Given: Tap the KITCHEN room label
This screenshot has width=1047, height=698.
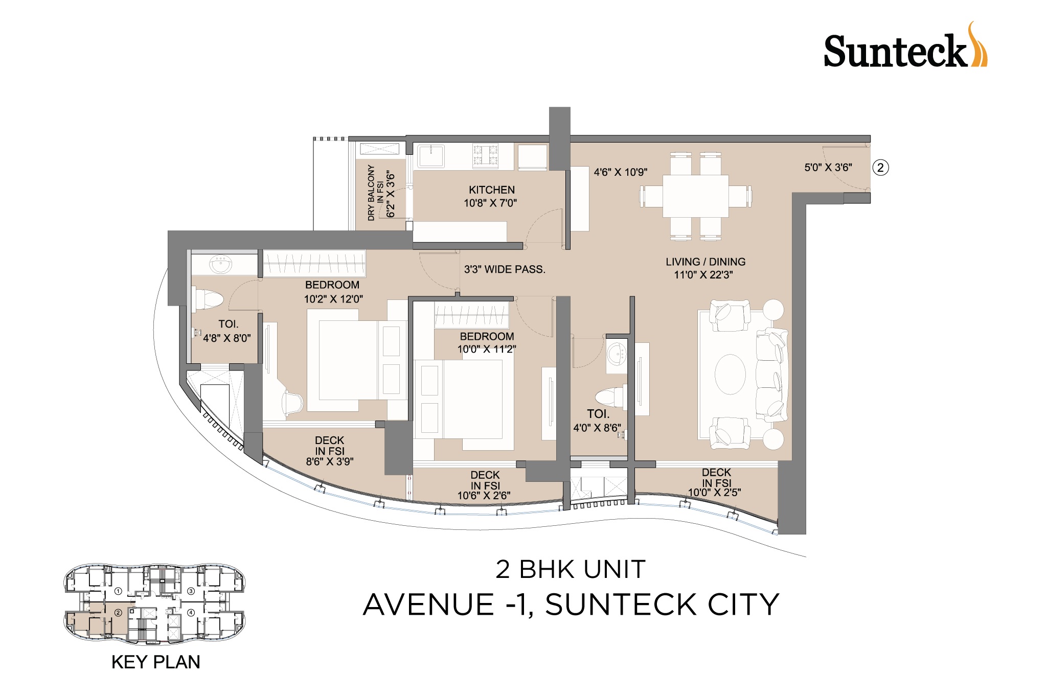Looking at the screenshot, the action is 492,190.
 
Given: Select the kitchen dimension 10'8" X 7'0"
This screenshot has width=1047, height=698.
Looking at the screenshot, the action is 490,203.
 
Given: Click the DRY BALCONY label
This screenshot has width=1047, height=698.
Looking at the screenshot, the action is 372,193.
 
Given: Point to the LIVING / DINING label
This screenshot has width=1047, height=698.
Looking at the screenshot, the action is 705,262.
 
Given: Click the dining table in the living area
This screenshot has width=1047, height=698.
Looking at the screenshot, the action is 696,196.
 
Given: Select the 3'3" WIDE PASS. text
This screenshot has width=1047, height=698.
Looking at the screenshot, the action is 505,269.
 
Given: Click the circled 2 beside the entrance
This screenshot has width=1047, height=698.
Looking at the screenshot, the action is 880,168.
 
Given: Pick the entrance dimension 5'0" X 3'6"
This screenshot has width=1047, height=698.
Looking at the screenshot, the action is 828,167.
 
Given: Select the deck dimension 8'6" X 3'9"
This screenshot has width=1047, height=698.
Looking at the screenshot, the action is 330,461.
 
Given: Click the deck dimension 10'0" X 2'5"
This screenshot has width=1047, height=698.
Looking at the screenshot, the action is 715,493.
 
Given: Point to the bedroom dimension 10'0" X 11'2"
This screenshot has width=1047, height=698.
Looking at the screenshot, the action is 487,349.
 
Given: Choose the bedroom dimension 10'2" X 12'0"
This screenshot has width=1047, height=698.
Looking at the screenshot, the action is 333,299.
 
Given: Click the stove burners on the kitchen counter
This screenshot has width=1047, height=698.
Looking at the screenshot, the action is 486,156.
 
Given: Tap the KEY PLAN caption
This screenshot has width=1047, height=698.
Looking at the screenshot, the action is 156,662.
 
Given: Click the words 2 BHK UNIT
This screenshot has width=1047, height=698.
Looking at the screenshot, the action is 571,569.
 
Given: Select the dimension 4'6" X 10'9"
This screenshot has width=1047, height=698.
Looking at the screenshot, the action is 621,172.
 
